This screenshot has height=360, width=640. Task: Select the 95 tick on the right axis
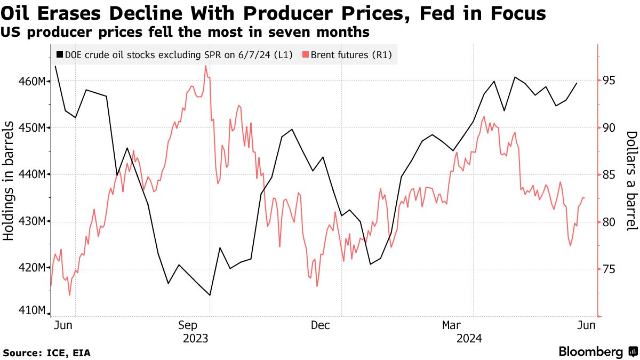tap(609, 81)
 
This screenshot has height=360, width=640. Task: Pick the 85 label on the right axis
tap(609, 175)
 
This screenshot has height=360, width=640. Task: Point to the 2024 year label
tap(469, 338)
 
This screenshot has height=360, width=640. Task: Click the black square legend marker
tap(59, 54)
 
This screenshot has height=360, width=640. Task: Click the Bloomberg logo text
tap(591, 352)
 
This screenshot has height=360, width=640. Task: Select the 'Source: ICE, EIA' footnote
tap(46, 353)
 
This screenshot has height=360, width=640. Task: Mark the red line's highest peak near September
tap(206, 66)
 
